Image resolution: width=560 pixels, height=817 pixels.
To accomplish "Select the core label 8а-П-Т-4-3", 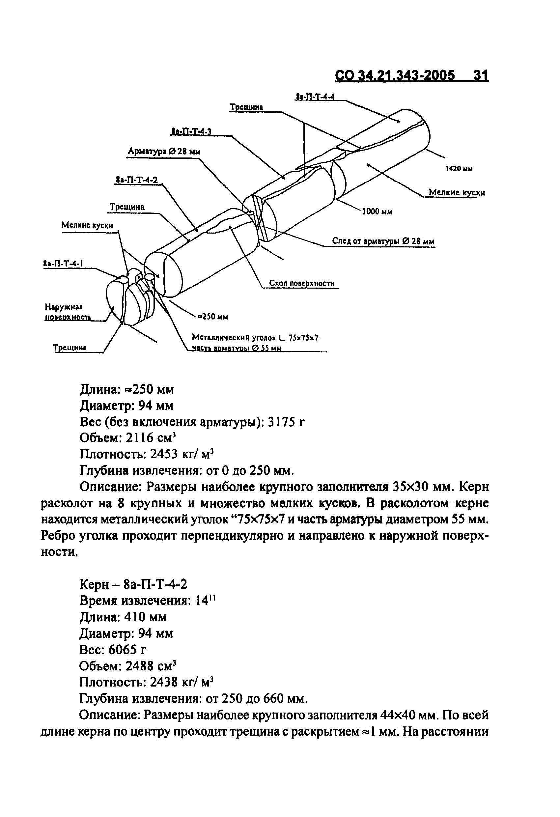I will point(191,132).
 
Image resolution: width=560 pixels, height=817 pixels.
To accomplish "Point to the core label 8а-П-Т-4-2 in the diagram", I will point(137,180).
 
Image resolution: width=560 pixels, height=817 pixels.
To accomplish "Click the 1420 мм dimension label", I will point(459,169).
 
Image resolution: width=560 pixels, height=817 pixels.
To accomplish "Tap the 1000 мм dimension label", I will point(377,211).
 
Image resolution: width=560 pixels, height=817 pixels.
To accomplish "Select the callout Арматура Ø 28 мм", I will point(164,152).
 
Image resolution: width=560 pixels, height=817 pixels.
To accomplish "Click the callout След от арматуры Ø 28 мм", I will point(383,241).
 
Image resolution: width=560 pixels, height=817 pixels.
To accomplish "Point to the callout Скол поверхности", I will point(302,283).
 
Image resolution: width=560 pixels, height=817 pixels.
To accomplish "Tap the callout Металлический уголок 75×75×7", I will point(255,338).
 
